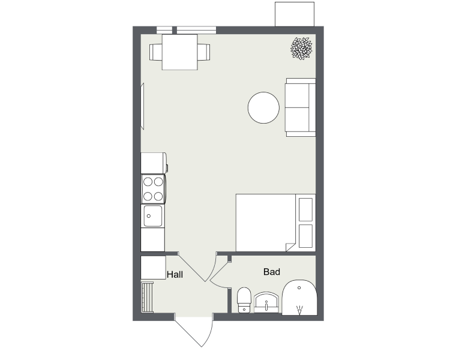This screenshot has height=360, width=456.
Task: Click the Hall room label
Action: click(175, 275)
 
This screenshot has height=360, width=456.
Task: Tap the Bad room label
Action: click(272, 272)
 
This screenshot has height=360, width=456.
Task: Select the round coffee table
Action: click(263, 107)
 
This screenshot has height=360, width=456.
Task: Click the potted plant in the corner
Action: click(302, 48)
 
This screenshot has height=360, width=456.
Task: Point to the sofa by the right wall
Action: click(301, 107)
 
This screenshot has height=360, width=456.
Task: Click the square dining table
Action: click(180, 52)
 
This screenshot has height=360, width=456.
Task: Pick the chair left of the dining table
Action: click(156, 52)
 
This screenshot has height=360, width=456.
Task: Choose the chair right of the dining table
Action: click(203, 52)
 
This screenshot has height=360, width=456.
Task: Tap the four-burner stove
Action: click(154, 189)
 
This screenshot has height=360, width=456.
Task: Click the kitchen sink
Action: click(152, 216)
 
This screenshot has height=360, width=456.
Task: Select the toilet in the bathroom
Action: click(244, 300)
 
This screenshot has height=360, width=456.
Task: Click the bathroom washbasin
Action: click(266, 303)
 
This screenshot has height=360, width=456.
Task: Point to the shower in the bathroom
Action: click(299, 298)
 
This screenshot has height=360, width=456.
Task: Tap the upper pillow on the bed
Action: click(305, 209)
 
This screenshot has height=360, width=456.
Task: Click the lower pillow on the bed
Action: click(305, 236)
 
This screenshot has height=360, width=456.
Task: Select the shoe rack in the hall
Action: click(147, 297)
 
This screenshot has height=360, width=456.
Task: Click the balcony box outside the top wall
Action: click(295, 14)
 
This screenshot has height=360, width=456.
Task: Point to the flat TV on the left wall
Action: click(143, 106)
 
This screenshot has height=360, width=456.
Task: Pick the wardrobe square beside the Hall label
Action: click(153, 268)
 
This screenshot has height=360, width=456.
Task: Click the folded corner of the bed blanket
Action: click(290, 247)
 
